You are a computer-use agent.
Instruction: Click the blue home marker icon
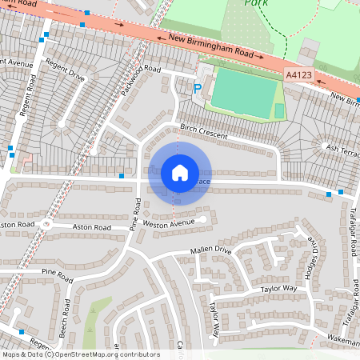[x=180, y=173]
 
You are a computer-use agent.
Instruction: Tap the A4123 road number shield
[x=298, y=74]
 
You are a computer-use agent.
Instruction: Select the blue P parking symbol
[x=198, y=89]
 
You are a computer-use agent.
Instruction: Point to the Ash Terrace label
[x=342, y=148]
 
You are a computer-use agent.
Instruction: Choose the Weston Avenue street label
[x=169, y=224]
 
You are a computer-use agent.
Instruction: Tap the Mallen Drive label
[x=210, y=250]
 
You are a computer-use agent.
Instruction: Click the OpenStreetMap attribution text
[x=80, y=354]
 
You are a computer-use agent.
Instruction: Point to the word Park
[x=257, y=4]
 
